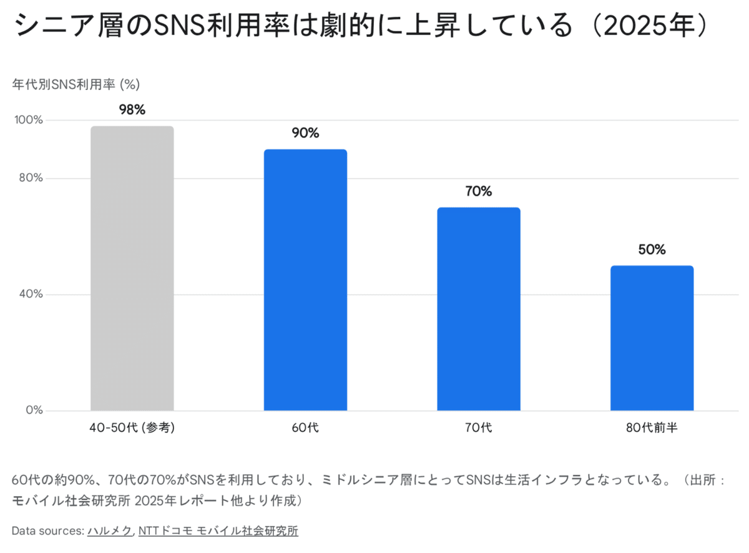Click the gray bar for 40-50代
click(x=132, y=269)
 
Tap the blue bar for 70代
click(x=479, y=309)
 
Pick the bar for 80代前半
click(x=652, y=338)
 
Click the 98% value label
click(x=132, y=110)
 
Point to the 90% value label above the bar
click(x=305, y=133)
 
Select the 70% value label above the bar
click(x=479, y=191)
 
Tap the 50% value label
click(x=652, y=249)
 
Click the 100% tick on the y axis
click(x=27, y=120)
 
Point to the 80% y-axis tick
click(x=29, y=178)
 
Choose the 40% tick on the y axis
click(x=29, y=294)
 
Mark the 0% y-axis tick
click(x=35, y=411)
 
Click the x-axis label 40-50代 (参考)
click(x=132, y=428)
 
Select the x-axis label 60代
click(x=305, y=428)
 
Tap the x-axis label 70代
click(x=479, y=428)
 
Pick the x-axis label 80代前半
click(x=652, y=428)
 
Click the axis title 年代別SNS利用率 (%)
click(x=76, y=84)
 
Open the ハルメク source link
click(x=110, y=531)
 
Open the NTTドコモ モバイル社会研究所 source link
click(x=218, y=531)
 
